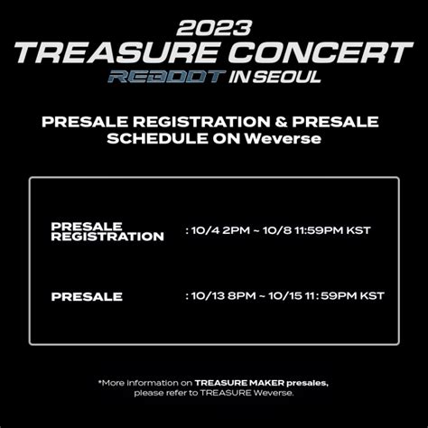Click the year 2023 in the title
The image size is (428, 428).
click(214, 28)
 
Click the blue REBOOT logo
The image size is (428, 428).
click(167, 77)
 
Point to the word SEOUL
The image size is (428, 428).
click(286, 77)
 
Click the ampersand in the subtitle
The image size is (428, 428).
click(281, 122)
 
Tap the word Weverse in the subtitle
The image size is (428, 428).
click(283, 139)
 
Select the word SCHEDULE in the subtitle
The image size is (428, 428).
click(158, 139)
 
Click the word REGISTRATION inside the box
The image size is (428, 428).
click(107, 237)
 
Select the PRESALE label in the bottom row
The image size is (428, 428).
click(87, 297)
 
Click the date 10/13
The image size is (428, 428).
click(208, 296)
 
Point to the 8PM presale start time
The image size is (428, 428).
click(242, 296)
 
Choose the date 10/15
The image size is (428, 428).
click(285, 296)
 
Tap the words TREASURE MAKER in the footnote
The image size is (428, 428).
click(239, 383)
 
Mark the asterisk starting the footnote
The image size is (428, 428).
click(100, 382)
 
